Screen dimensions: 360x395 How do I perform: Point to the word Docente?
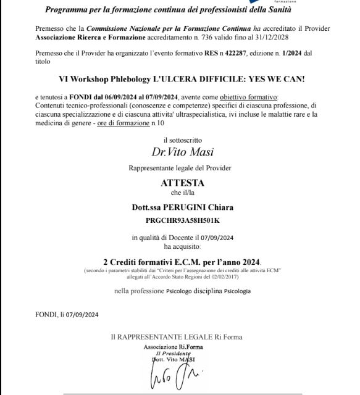pos(176,238)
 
